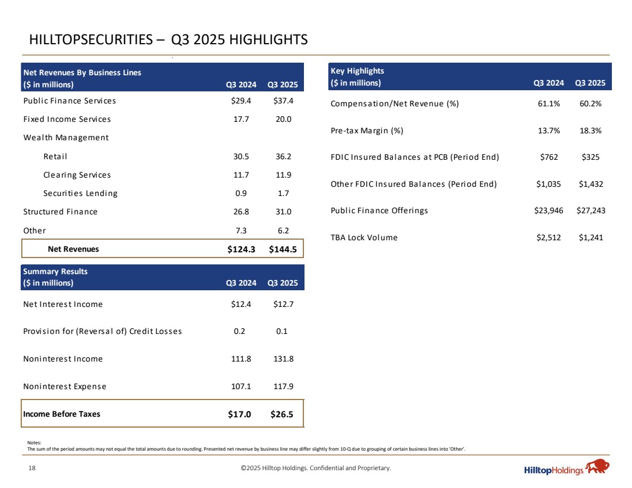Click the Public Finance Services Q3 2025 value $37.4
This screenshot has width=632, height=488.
[283, 101]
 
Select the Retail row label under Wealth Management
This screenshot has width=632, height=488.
[55, 156]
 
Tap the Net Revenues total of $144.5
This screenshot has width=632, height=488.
[283, 249]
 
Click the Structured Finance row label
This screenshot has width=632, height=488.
[60, 212]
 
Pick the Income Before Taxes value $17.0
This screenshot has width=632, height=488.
[240, 414]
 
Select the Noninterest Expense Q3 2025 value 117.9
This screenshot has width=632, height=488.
[284, 386]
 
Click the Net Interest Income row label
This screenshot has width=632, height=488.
[63, 304]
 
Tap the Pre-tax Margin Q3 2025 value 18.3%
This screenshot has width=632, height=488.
[591, 130]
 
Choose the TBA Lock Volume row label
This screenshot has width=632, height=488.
[364, 237]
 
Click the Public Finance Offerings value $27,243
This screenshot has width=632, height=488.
[591, 210]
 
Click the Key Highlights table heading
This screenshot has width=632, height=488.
[357, 71]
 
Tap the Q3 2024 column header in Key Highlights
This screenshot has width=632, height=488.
[549, 83]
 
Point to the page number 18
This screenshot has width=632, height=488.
[32, 468]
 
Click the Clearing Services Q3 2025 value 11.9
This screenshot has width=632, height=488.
[284, 175]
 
